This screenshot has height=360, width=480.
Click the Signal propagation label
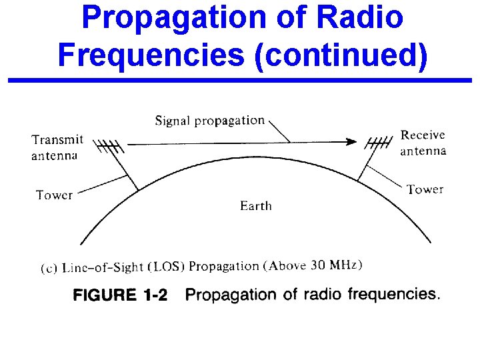210,121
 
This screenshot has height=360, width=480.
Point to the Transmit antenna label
57,147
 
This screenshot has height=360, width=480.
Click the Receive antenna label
423,143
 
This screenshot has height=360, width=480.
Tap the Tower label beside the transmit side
54,195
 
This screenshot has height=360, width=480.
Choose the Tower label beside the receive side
425,189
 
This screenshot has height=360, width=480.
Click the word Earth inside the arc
256,205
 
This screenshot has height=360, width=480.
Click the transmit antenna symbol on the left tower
109,147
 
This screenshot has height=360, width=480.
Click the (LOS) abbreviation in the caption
166,267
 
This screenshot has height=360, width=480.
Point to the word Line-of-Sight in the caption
103,267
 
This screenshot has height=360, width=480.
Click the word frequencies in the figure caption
393,294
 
